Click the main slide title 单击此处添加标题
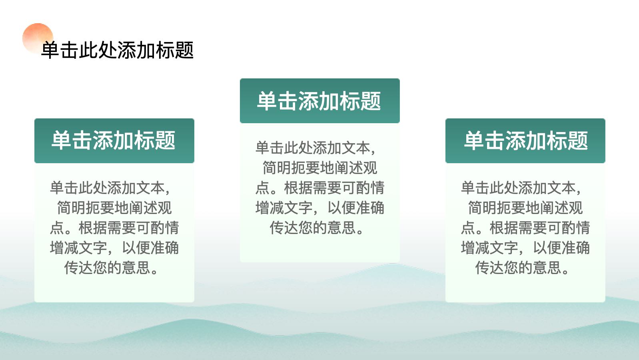click(x=118, y=50)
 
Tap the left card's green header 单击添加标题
click(x=114, y=140)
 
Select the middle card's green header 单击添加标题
click(x=319, y=101)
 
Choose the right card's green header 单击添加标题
click(x=526, y=140)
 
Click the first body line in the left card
click(x=110, y=188)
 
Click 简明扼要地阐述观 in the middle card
click(x=320, y=168)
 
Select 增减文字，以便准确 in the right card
click(x=525, y=248)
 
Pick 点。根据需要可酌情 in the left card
click(x=114, y=228)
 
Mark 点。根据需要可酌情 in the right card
click(x=525, y=228)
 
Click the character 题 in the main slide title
click(x=184, y=50)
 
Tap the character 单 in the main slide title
click(x=50, y=50)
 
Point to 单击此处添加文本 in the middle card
click(x=313, y=148)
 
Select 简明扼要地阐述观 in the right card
click(x=525, y=208)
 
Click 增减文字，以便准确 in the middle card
click(x=320, y=208)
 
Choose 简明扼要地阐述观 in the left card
click(x=114, y=208)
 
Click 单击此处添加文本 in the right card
click(x=518, y=188)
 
